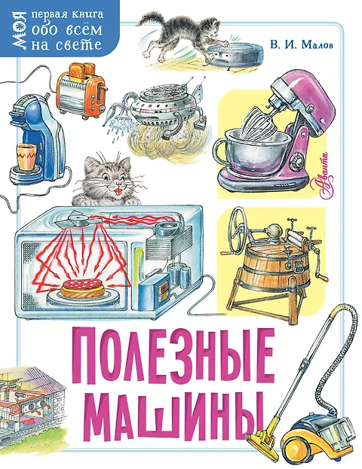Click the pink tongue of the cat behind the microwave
tap(119, 190)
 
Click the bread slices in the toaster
tap(81, 70)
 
